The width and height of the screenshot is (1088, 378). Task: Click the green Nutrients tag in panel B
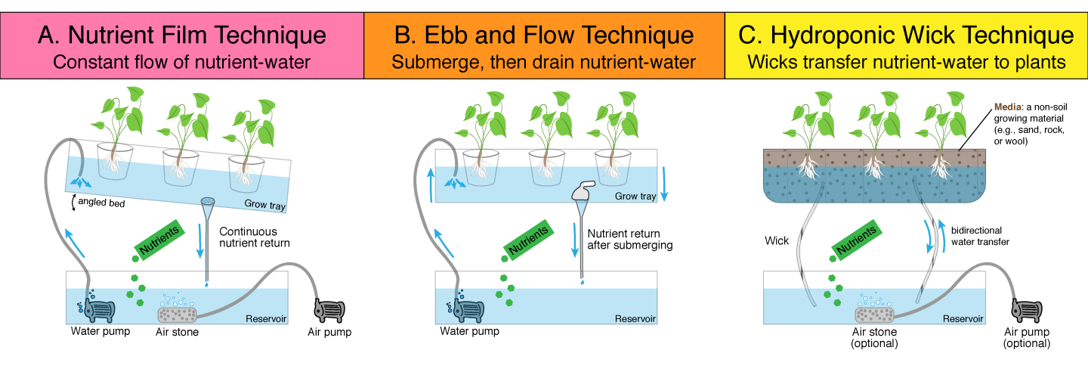click(527, 240)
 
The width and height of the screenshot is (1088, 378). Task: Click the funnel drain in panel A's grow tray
click(207, 203)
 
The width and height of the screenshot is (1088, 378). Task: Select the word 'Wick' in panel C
click(777, 241)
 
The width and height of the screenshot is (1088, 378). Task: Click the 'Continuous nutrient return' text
click(254, 237)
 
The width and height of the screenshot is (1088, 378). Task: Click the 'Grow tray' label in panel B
click(635, 197)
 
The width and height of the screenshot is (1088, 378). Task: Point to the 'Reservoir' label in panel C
click(963, 318)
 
